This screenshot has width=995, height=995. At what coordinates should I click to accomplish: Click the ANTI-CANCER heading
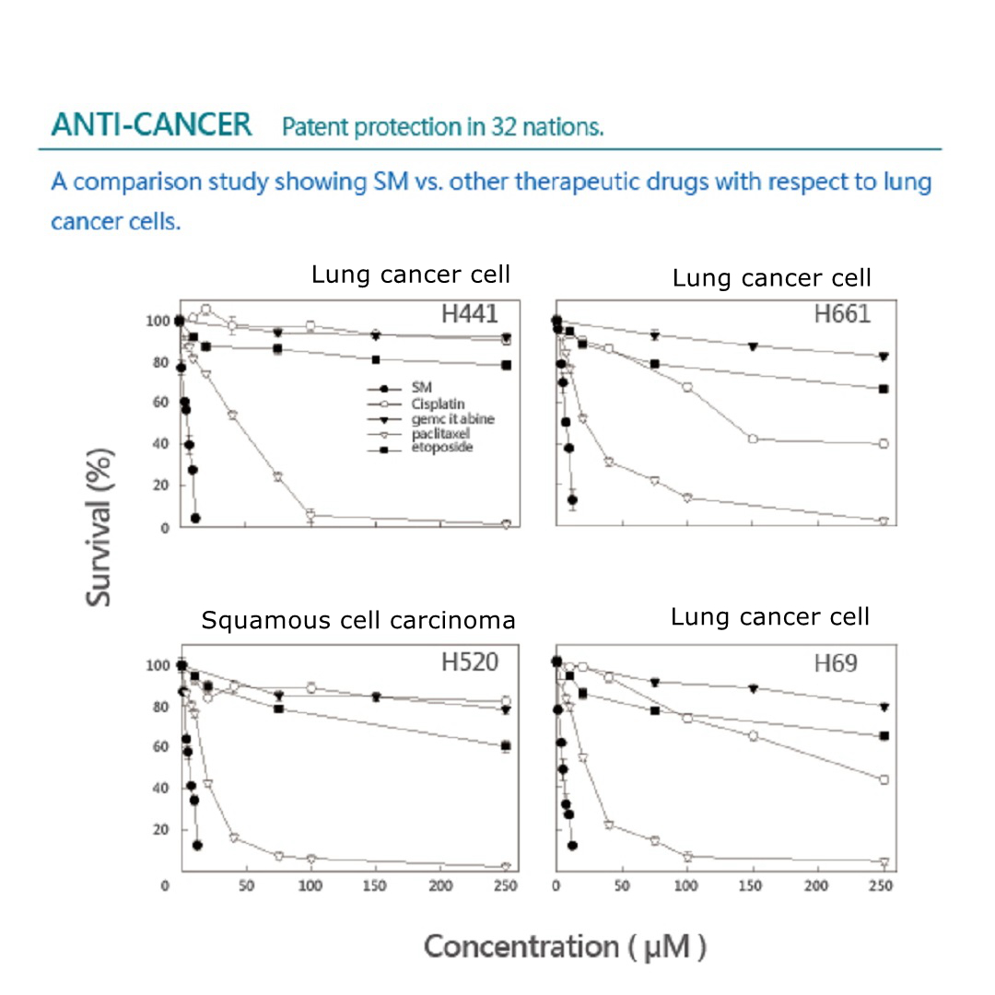coord(151,125)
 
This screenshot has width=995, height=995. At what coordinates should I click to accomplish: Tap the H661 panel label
coord(842,314)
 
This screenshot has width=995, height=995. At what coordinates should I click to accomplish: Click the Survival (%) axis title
coord(100,525)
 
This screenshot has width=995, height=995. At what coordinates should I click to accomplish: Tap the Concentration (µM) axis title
coord(565,946)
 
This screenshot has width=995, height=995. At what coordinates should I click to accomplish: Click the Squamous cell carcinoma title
coord(358,621)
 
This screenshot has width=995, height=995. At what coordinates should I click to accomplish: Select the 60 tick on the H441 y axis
coord(162,403)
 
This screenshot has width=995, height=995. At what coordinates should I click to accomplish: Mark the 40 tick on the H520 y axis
coord(162,789)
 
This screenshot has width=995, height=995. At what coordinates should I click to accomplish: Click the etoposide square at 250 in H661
coord(884,389)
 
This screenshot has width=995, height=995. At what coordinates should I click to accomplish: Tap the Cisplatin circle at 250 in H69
coord(884,779)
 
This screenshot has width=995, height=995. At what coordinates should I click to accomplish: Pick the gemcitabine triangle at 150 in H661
coord(754,346)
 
